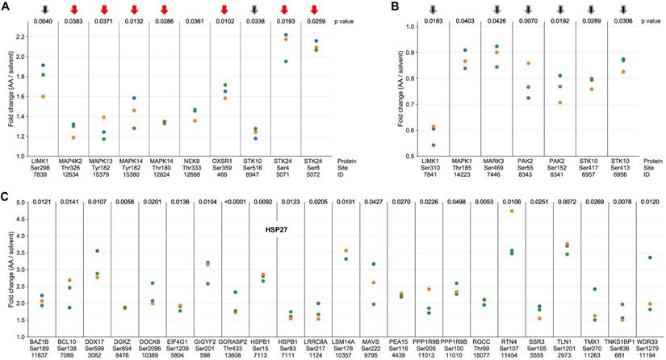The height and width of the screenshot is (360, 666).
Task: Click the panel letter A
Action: [x=6, y=6]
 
